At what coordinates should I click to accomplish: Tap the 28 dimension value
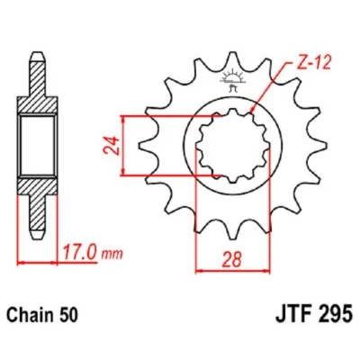[231, 260]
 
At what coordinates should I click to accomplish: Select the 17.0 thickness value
[80, 253]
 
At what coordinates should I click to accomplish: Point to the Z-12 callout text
[310, 63]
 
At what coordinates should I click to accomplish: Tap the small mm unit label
[112, 255]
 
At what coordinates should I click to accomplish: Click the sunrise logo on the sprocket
[231, 79]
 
